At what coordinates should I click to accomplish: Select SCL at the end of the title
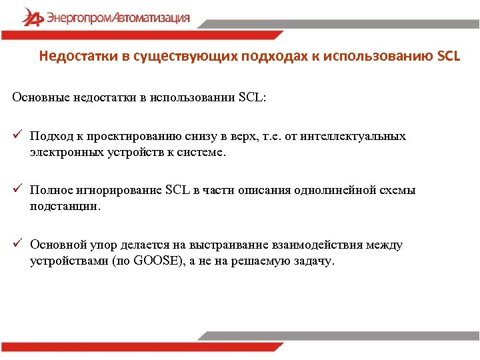pyautogui.click(x=448, y=55)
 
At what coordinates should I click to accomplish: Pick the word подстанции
pyautogui.click(x=65, y=206)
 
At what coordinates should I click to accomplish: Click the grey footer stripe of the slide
pyautogui.click(x=340, y=336)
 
